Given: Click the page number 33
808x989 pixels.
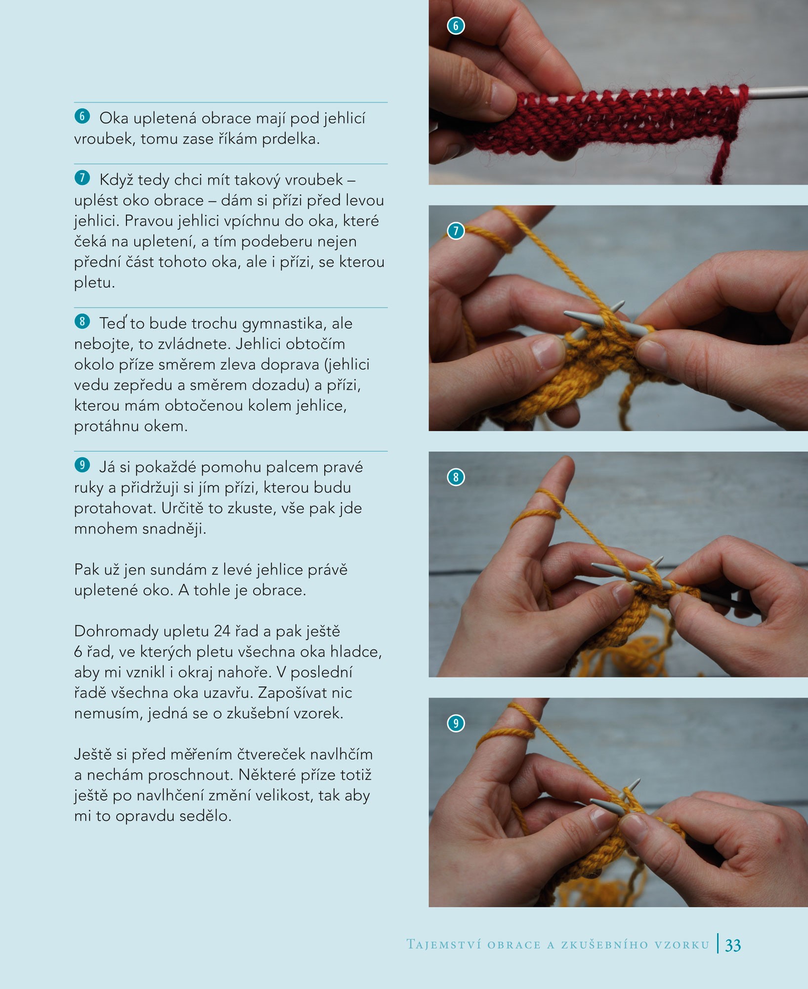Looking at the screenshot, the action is (x=733, y=945).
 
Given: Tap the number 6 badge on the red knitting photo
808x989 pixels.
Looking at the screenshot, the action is (x=456, y=26).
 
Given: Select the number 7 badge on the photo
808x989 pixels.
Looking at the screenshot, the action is (x=456, y=230).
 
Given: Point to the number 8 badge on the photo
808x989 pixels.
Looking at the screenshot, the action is (x=456, y=477).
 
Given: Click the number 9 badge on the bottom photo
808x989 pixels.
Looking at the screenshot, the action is (x=456, y=723).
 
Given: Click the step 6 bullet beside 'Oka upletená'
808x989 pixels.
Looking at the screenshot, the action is (x=82, y=116).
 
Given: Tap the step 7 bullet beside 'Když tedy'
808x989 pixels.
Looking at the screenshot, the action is (x=82, y=178).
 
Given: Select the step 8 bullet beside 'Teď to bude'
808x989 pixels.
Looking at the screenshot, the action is (x=82, y=321).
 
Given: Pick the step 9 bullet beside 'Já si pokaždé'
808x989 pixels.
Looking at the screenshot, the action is (x=82, y=465).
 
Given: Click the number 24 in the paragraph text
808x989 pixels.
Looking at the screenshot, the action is (x=222, y=631).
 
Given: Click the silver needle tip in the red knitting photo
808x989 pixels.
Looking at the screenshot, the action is (x=778, y=91).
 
